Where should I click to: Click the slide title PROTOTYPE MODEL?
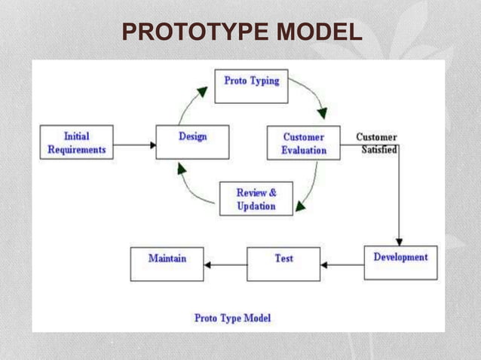click(241, 33)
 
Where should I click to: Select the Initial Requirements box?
click(77, 143)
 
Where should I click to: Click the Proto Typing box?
click(251, 86)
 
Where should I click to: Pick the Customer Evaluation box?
click(304, 143)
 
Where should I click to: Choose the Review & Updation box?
click(256, 199)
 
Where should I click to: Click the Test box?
click(283, 264)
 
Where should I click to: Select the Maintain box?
click(167, 264)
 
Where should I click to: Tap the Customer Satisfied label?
click(377, 143)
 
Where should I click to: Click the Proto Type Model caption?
click(232, 318)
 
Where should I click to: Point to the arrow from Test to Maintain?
click(225, 264)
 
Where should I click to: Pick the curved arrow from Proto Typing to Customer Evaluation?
click(311, 96)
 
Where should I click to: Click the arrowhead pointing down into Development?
click(399, 240)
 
